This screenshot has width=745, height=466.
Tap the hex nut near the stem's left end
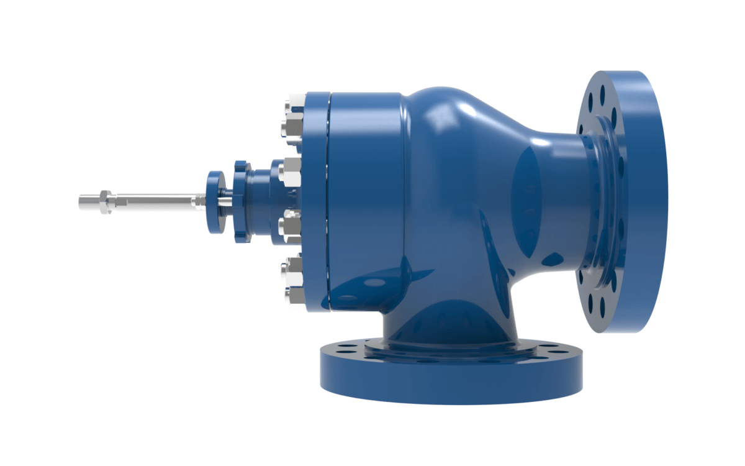[105, 201]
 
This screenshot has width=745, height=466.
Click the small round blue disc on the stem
[215, 201]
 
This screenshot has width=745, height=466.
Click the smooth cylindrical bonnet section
[366, 199]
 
